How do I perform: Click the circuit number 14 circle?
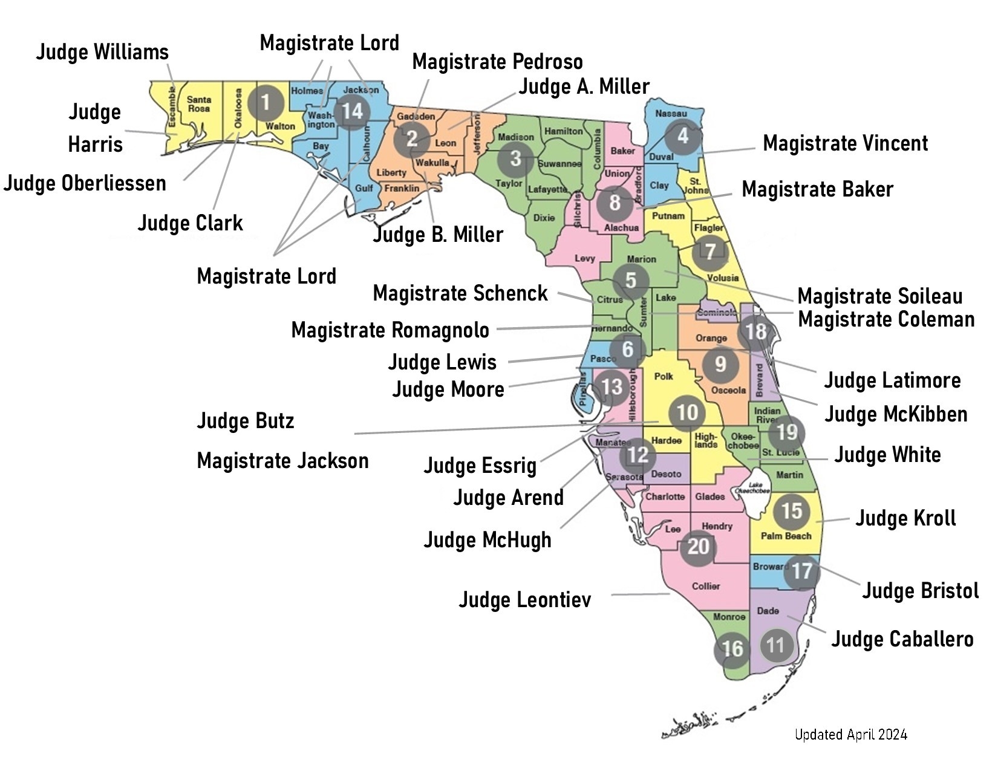(x=353, y=111)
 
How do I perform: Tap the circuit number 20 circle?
(x=698, y=547)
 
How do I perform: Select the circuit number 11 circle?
(x=775, y=645)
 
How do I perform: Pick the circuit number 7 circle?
(x=710, y=252)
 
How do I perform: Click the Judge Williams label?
(x=102, y=52)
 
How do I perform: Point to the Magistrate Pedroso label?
(x=497, y=62)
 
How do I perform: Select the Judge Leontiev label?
(x=524, y=600)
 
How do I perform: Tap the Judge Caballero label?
(x=902, y=639)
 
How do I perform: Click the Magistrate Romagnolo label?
(x=390, y=330)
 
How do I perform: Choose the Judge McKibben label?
(x=896, y=414)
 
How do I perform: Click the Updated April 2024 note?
(x=850, y=735)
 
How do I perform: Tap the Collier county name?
(x=706, y=586)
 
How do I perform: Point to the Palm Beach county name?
(x=786, y=536)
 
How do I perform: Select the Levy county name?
(x=585, y=258)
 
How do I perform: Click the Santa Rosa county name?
(x=199, y=104)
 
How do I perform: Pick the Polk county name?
(x=664, y=376)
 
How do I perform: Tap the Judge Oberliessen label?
(x=85, y=183)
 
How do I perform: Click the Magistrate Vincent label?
(x=845, y=143)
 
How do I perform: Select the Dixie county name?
(x=544, y=218)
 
